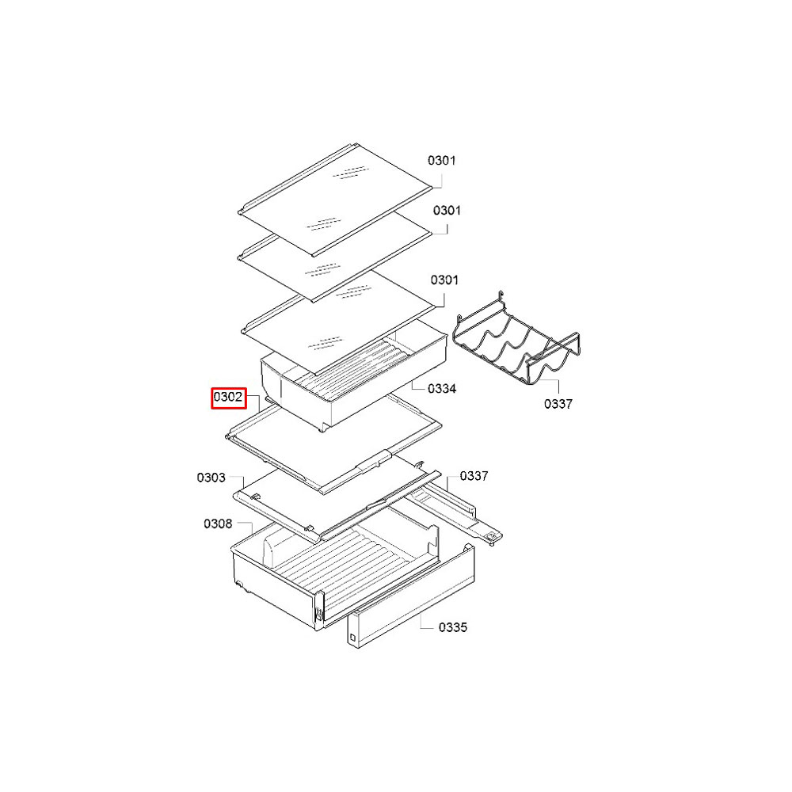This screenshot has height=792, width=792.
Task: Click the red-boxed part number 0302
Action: [228, 398]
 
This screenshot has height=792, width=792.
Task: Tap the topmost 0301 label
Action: [441, 161]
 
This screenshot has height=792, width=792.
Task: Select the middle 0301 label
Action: [447, 211]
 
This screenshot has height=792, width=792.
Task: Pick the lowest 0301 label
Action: [444, 280]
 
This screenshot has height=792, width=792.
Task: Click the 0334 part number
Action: [441, 388]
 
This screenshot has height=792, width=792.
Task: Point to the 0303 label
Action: [211, 478]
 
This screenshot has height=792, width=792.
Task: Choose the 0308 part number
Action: [218, 524]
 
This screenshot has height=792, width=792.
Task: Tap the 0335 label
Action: [452, 627]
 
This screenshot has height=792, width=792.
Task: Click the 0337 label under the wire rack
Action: [558, 404]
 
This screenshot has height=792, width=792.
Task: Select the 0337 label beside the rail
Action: [474, 476]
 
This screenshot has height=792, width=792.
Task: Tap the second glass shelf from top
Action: [334, 256]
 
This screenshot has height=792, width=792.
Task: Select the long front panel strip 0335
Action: [410, 596]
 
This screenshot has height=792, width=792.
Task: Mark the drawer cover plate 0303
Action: [336, 505]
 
